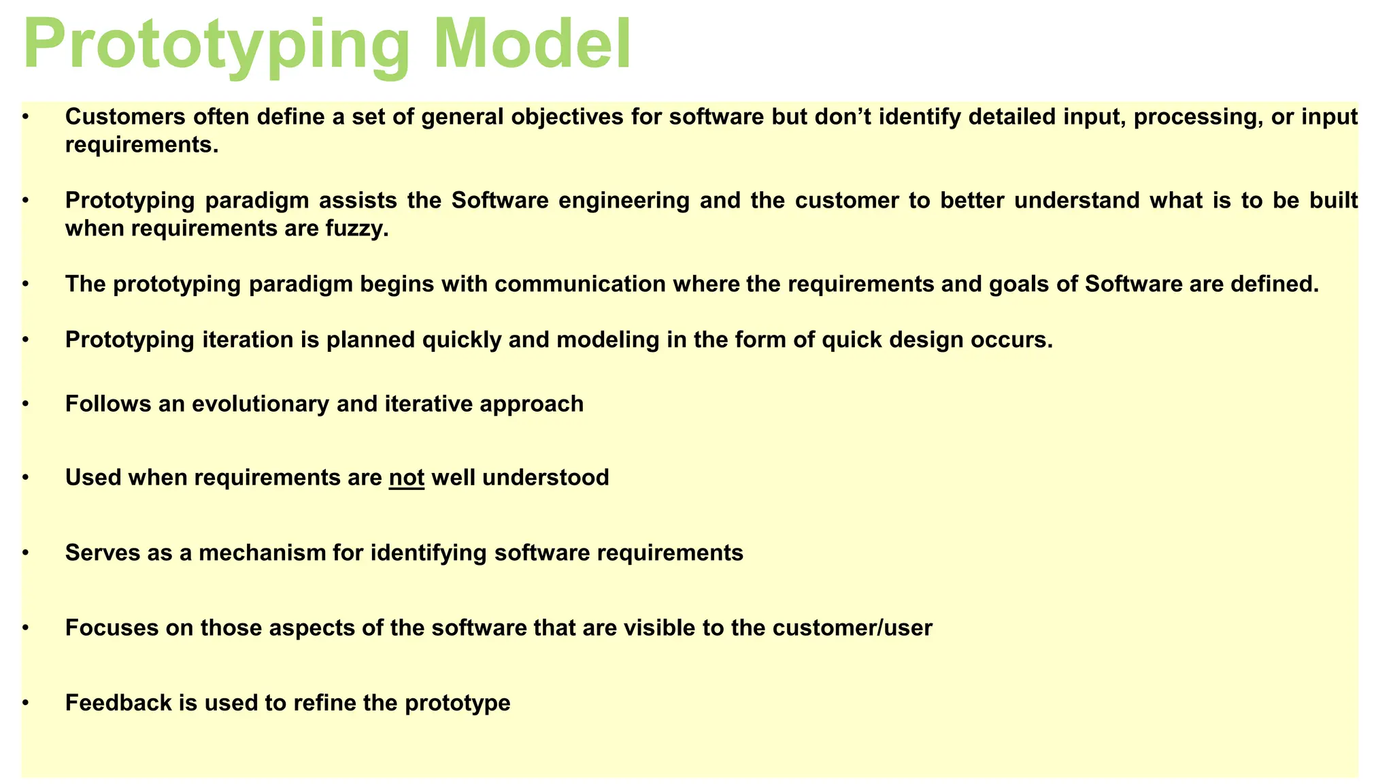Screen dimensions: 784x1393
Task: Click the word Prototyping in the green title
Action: coord(216,45)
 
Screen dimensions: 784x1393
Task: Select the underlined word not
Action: coord(407,478)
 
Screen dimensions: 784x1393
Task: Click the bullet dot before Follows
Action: coord(25,404)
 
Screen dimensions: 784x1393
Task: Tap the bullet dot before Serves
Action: coord(25,553)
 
